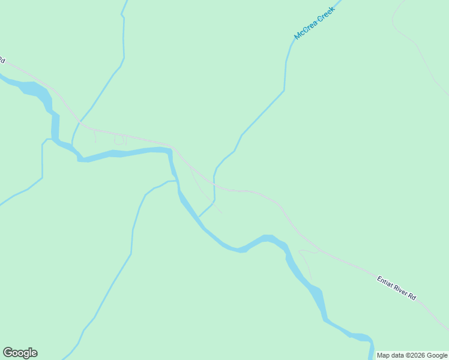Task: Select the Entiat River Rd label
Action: (396, 287)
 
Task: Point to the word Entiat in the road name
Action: (384, 281)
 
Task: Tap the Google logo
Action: (20, 353)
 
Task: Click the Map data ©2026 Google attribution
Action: (412, 355)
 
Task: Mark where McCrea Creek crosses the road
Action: (214, 181)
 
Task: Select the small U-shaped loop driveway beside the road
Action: (119, 140)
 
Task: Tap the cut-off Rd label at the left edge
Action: (2, 60)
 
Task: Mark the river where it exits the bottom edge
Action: (371, 354)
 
